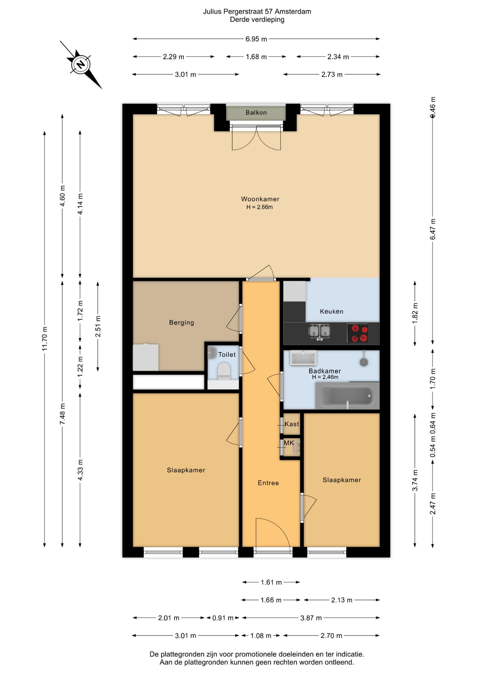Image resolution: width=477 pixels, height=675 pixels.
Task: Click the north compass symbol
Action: click(81, 65)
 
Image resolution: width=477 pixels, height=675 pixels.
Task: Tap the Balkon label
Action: click(256, 112)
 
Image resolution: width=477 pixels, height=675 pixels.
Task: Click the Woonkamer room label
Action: click(260, 199)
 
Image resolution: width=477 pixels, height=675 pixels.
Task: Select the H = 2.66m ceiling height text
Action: click(260, 207)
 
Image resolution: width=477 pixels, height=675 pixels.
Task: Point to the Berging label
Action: click(181, 322)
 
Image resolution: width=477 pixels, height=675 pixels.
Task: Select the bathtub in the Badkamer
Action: click(347, 396)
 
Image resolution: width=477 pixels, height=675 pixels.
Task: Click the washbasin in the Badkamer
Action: click(303, 358)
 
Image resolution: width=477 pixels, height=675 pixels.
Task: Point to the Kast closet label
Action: click(292, 424)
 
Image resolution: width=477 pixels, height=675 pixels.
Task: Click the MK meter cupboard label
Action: click(289, 443)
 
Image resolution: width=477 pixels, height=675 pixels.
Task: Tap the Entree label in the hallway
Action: click(268, 483)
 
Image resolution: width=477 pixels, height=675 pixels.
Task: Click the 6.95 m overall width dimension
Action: click(256, 39)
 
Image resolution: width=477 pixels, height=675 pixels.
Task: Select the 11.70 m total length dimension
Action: click(45, 339)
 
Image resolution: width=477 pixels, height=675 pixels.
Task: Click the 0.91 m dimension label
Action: click(223, 618)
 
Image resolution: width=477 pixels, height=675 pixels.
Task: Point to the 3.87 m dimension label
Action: click(311, 618)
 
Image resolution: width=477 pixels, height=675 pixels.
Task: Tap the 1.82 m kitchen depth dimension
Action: click(415, 314)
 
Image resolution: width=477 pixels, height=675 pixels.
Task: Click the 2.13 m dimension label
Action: click(341, 600)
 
